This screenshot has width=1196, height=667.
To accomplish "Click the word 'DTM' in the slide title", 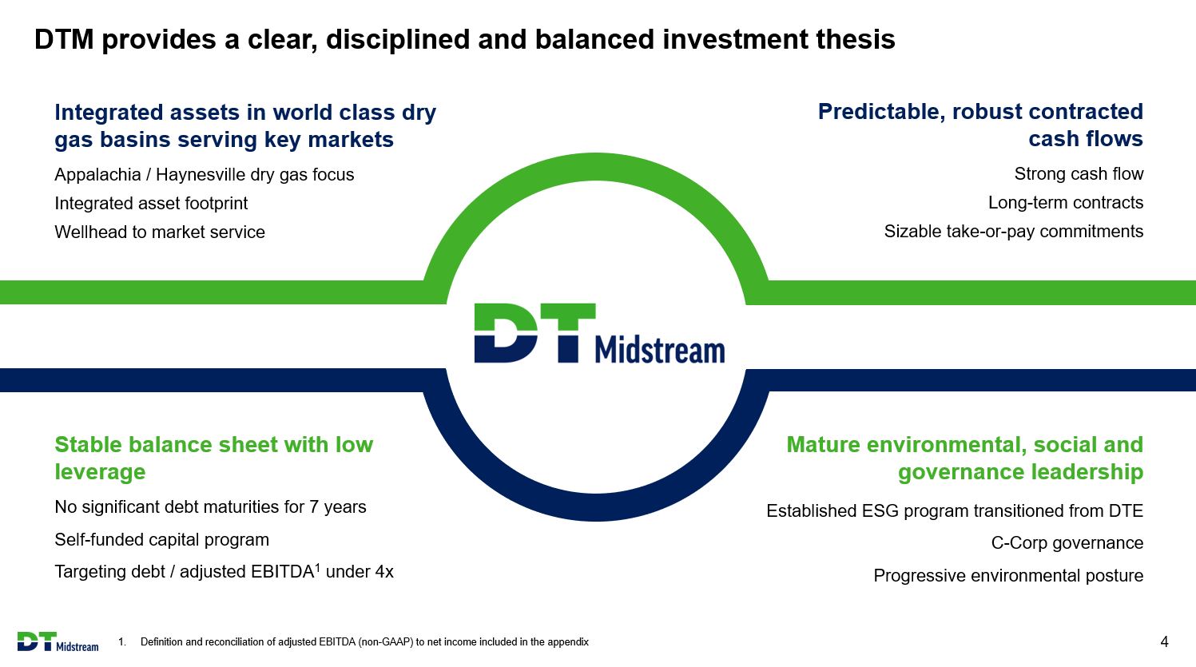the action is [64, 39].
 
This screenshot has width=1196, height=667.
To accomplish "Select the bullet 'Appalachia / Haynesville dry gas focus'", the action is [204, 175].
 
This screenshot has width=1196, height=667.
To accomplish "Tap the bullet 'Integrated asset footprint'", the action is [151, 204].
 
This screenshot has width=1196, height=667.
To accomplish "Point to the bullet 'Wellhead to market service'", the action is [160, 232].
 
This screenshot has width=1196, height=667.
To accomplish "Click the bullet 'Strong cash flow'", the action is [1079, 173].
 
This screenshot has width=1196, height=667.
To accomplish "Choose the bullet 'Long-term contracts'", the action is [1066, 203].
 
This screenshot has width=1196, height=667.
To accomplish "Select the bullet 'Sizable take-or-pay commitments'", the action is [1013, 232].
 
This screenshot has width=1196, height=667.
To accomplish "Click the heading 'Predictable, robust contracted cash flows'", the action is [980, 125].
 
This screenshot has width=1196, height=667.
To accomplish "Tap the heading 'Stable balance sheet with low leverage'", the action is [213, 459].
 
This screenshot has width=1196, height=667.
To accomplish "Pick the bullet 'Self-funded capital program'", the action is [161, 540].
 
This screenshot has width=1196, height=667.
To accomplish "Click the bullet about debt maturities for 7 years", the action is [210, 506].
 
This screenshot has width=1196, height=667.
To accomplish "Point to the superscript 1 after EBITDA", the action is [317, 567].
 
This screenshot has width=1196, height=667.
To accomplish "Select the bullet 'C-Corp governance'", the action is [1067, 542].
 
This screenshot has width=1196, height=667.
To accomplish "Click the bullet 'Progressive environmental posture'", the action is [1008, 576].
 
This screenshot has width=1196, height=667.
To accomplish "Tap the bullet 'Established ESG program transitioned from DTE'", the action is [955, 510].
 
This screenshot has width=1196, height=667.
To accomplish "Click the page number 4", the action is [1165, 641].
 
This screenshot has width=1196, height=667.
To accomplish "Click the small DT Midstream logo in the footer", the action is [58, 642].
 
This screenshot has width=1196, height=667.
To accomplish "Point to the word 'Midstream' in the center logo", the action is [660, 351].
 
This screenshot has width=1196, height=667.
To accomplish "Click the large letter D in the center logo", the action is [506, 333].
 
